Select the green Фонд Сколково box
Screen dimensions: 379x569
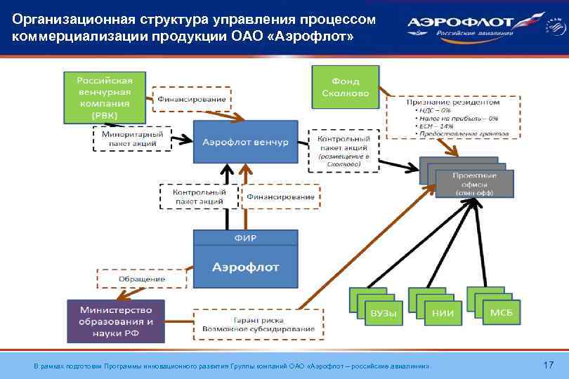345,86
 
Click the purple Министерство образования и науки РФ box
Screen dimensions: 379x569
116,321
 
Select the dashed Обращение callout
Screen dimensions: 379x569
141,279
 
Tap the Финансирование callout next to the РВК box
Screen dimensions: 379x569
192,100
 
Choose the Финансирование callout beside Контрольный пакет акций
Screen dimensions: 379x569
280,197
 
